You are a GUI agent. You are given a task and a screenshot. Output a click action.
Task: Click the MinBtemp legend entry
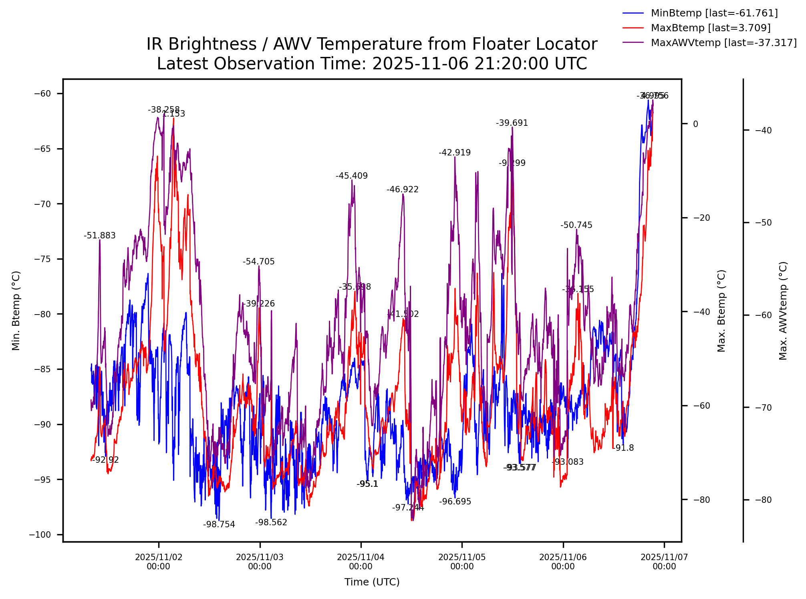pyautogui.click(x=714, y=13)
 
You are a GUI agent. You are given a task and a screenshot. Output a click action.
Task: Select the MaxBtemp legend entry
pyautogui.click(x=710, y=28)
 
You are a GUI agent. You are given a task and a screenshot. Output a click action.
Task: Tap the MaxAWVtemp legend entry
pyautogui.click(x=723, y=43)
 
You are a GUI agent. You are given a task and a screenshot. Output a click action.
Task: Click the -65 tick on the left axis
pyautogui.click(x=42, y=149)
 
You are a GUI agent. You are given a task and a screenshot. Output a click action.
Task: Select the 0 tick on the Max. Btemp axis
pyautogui.click(x=695, y=124)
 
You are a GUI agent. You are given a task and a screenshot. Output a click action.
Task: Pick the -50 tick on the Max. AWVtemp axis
pyautogui.click(x=763, y=223)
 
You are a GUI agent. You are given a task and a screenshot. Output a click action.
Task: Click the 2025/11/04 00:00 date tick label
pyautogui.click(x=361, y=562)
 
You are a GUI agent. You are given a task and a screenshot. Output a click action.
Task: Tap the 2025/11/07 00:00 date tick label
pyautogui.click(x=664, y=562)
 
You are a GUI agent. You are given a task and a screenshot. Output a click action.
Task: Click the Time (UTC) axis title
pyautogui.click(x=372, y=582)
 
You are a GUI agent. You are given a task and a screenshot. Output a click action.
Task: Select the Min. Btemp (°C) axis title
pyautogui.click(x=16, y=311)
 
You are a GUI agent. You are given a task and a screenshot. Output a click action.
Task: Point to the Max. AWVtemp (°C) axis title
pyautogui.click(x=783, y=311)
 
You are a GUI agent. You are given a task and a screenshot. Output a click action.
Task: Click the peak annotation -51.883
pyautogui.click(x=100, y=236)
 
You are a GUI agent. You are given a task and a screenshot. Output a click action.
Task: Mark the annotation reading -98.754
pyautogui.click(x=219, y=524)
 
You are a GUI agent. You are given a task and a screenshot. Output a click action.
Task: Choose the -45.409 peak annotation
pyautogui.click(x=352, y=176)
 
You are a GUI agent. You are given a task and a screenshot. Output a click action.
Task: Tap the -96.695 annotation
pyautogui.click(x=455, y=502)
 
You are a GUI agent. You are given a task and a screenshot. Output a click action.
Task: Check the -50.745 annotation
pyautogui.click(x=576, y=225)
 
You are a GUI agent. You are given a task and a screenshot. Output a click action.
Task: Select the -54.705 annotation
pyautogui.click(x=259, y=262)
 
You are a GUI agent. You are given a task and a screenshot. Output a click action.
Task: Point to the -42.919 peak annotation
pyautogui.click(x=455, y=153)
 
